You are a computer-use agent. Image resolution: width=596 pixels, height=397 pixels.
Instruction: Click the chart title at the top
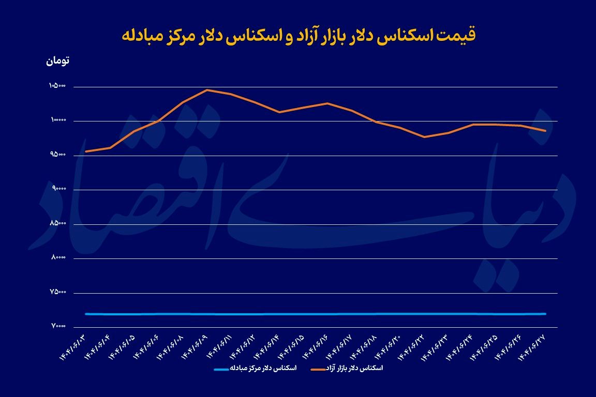point(298,35)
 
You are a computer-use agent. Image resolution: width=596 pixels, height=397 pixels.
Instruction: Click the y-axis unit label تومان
point(58,60)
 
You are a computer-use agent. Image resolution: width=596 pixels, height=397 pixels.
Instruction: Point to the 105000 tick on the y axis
point(57,86)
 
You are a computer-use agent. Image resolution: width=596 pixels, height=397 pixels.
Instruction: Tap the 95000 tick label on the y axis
point(58,155)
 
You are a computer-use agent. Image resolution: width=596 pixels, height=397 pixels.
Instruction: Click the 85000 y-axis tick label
point(58,224)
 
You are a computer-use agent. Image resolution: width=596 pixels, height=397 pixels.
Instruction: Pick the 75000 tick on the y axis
point(58,293)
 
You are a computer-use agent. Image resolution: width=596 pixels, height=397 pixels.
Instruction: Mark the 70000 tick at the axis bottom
point(58,327)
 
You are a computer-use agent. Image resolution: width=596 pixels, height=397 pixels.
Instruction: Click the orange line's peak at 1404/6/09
point(207,90)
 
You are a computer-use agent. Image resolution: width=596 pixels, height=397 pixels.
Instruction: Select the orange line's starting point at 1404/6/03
point(85,151)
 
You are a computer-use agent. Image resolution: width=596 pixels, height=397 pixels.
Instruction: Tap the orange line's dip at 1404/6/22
point(424,137)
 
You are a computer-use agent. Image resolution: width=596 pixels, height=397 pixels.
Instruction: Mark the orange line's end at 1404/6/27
point(546,131)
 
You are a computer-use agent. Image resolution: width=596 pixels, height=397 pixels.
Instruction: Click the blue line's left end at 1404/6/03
point(85,314)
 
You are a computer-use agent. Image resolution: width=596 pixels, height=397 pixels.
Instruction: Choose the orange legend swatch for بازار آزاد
point(318,369)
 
